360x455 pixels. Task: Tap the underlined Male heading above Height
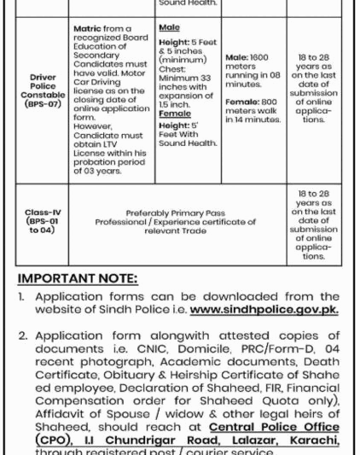coord(169,28)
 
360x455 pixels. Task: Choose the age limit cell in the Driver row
coord(313,88)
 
